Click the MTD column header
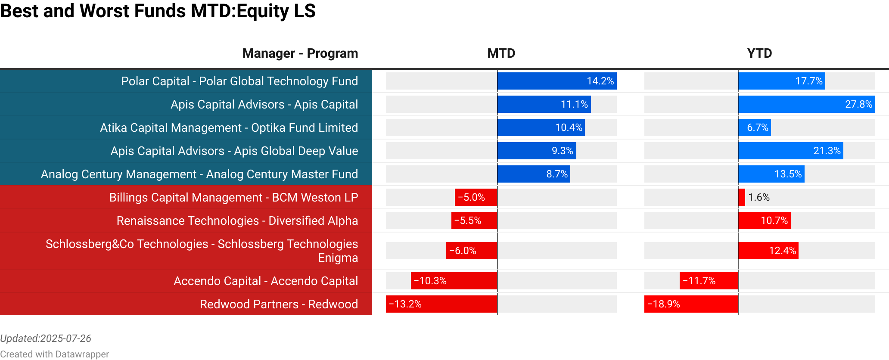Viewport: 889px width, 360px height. [x=501, y=53]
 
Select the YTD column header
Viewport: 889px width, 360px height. [x=759, y=53]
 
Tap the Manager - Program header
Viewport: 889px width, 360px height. [x=300, y=53]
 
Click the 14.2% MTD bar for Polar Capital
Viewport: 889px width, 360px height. [x=557, y=81]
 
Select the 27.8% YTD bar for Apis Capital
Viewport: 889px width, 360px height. [x=807, y=104]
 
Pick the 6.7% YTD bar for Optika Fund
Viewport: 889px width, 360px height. [x=755, y=127]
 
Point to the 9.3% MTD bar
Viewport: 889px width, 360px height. [x=537, y=151]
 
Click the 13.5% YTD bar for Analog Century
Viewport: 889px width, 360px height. [x=771, y=174]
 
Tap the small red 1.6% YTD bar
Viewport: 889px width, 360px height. [x=742, y=197]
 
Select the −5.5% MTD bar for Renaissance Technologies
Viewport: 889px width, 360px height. [x=474, y=220]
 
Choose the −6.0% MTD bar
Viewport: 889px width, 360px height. [x=472, y=251]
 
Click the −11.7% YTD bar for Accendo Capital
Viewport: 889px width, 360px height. [x=709, y=281]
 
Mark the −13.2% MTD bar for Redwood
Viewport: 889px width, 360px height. [x=441, y=304]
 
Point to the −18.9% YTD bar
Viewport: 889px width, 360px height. [x=691, y=304]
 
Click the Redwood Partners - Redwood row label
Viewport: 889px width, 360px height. [x=279, y=304]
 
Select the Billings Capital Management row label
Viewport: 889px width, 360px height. [x=233, y=197]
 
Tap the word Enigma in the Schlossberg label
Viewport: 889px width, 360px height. [x=338, y=258]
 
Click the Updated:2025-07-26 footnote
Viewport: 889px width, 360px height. [x=46, y=338]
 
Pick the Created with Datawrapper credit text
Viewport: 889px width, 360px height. [x=55, y=354]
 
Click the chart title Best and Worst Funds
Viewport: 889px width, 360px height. [x=158, y=11]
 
